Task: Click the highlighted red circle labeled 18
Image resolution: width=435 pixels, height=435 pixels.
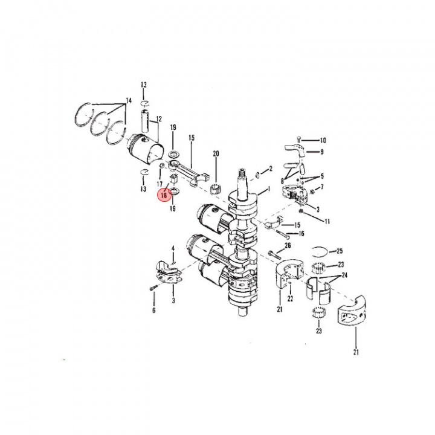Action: [164, 195]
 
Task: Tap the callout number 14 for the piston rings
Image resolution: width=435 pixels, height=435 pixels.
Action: [129, 100]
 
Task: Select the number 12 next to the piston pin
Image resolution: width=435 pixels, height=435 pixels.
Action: [159, 119]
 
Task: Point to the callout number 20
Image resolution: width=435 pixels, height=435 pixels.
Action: [216, 153]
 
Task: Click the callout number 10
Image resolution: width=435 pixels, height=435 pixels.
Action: [323, 140]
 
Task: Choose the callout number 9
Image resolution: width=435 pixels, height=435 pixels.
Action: [322, 152]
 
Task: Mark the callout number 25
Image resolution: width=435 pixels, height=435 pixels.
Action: [340, 251]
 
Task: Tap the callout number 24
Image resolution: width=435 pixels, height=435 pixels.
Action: [344, 275]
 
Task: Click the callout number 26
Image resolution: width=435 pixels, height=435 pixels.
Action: [288, 245]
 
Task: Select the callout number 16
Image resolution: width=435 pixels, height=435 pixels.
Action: [301, 234]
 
